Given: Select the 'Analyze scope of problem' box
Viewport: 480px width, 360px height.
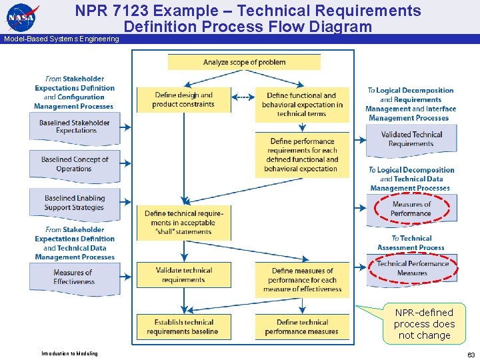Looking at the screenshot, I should coord(244,62).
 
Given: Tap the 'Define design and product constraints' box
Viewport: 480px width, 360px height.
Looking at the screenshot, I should coord(183,100).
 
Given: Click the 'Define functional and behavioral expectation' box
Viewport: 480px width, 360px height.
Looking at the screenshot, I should coord(302,105).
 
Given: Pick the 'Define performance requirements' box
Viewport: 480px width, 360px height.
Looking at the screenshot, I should coord(302,155).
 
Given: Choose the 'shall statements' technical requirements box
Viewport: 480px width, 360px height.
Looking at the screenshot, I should coord(183,223).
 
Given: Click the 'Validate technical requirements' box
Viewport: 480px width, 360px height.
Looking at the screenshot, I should coord(183,275).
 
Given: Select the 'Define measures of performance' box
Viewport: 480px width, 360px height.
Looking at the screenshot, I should coord(302,280).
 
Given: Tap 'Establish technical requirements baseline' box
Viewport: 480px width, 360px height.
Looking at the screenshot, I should coord(183,327).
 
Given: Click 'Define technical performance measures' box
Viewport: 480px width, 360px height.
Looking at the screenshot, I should coord(302,327).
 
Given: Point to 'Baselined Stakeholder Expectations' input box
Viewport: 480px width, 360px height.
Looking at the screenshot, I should coord(75,127).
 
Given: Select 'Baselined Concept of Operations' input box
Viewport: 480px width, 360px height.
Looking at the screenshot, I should coord(75,165).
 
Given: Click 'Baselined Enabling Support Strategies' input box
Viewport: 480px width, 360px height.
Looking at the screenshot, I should coord(75,203).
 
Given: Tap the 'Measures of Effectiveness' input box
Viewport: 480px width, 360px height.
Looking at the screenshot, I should coord(75,277).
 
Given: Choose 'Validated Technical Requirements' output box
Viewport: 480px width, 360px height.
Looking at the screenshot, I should coord(411,139).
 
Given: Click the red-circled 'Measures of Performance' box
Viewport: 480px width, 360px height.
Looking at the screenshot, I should coord(411,209).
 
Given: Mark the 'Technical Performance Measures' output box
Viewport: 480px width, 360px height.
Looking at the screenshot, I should coord(411,268).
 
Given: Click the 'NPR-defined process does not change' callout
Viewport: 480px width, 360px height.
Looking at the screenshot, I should coord(424,324).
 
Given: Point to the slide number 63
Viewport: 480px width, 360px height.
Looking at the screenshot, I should coord(471,355).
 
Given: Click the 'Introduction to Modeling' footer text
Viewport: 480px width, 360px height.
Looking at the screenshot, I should coord(69,353).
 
